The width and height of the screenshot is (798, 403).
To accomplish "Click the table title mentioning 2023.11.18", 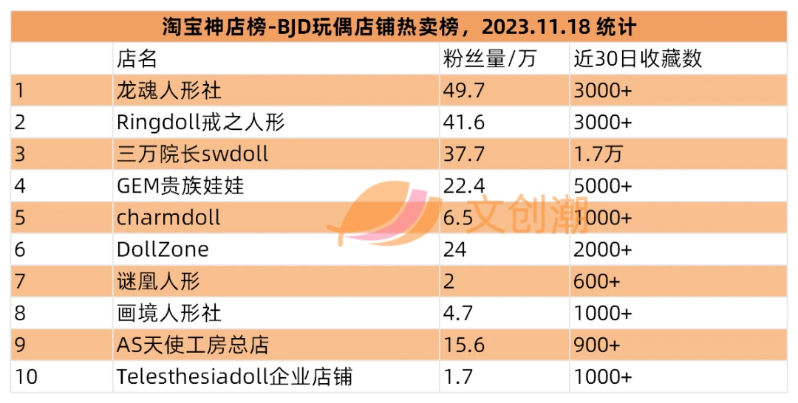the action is (399, 27).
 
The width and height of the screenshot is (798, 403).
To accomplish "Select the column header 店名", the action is (137, 59).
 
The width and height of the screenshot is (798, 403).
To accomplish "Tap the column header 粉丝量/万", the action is (490, 59).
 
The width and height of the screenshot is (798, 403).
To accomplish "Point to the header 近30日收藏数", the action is (638, 59).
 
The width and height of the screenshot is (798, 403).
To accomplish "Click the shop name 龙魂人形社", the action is (169, 91).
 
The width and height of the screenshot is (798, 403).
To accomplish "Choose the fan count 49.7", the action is (464, 91).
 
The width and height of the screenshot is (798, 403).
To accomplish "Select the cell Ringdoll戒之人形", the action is (200, 123).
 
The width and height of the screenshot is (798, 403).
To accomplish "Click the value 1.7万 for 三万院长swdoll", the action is (598, 154).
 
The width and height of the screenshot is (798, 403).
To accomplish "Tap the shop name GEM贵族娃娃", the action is (180, 186).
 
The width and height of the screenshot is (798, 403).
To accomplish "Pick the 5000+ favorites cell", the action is (603, 186).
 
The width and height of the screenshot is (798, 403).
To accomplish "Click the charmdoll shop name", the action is (168, 218).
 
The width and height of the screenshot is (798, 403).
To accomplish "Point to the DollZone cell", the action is (163, 249).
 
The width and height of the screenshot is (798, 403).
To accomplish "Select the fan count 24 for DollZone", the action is (454, 249).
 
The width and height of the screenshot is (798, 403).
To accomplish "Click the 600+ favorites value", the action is (597, 281).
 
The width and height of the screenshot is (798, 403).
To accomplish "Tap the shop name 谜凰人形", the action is (158, 281).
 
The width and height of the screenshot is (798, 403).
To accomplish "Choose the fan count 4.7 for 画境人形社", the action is (458, 313).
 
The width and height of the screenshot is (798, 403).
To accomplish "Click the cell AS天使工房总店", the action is (193, 345).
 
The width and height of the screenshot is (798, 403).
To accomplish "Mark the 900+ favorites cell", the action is (597, 345).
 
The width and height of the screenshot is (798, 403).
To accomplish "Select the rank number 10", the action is (26, 376).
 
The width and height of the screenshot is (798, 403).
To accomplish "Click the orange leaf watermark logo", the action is (385, 213).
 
